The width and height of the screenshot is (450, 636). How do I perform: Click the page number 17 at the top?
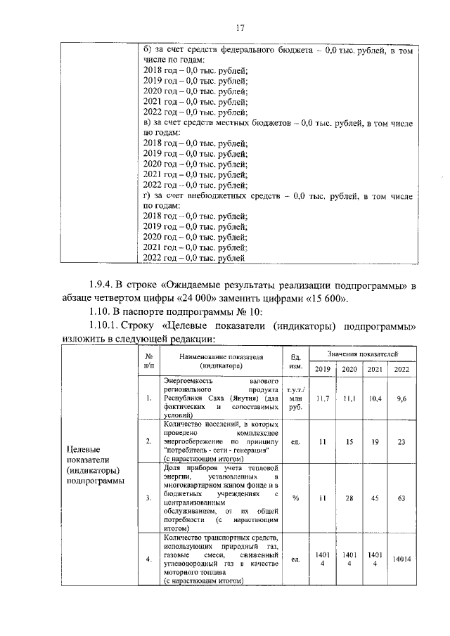(x=240, y=28)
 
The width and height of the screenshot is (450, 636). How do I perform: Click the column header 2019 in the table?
(x=323, y=370)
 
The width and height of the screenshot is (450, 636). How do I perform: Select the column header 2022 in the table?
(x=401, y=370)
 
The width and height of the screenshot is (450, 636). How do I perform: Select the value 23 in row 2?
(x=401, y=441)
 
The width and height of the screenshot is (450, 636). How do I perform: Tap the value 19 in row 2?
(x=375, y=441)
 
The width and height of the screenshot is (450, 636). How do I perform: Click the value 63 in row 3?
(x=401, y=498)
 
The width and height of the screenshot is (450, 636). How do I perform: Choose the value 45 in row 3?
(x=375, y=498)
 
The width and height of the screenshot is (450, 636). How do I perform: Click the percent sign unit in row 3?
(x=295, y=498)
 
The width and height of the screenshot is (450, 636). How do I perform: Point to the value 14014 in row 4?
(x=401, y=559)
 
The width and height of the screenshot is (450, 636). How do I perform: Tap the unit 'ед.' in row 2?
(x=295, y=441)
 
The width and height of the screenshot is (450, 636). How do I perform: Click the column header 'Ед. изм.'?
(x=295, y=361)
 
